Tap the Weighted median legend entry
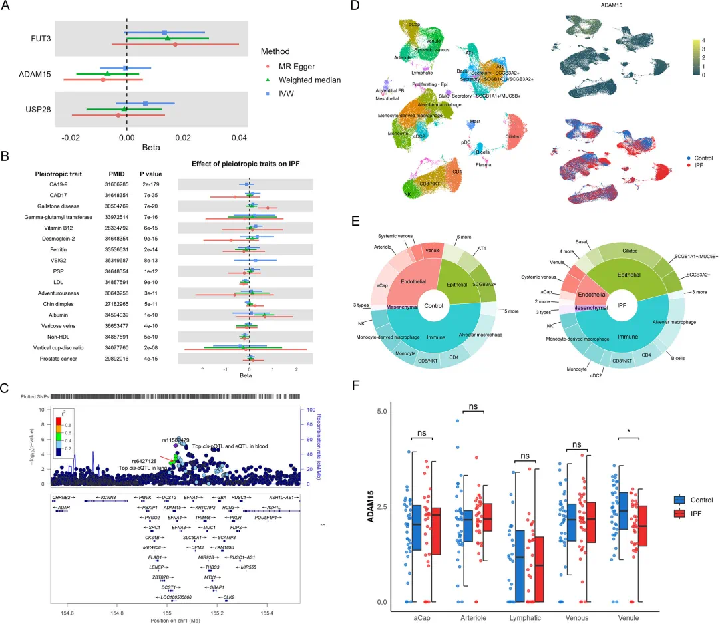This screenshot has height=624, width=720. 308,80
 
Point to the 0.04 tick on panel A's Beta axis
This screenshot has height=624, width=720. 239,137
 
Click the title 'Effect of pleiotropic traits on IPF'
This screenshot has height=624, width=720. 248,163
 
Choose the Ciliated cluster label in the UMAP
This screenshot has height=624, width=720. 513,136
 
